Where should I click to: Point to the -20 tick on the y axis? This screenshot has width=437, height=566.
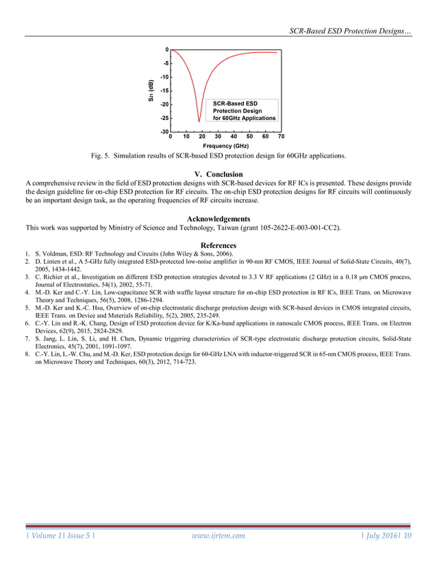point(165,105)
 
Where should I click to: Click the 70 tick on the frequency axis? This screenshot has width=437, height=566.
point(282,136)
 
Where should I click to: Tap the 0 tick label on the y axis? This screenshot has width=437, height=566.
point(166,50)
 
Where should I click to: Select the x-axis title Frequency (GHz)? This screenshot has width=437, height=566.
point(225,146)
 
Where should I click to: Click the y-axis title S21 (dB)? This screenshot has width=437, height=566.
point(151,91)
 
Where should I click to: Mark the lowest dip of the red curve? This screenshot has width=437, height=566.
point(199,121)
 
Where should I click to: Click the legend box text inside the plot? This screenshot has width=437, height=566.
point(244,111)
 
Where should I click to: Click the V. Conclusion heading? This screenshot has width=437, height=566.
point(218,174)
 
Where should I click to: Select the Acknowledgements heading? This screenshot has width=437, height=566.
point(218,219)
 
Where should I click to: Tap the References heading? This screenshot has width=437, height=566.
point(218,245)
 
